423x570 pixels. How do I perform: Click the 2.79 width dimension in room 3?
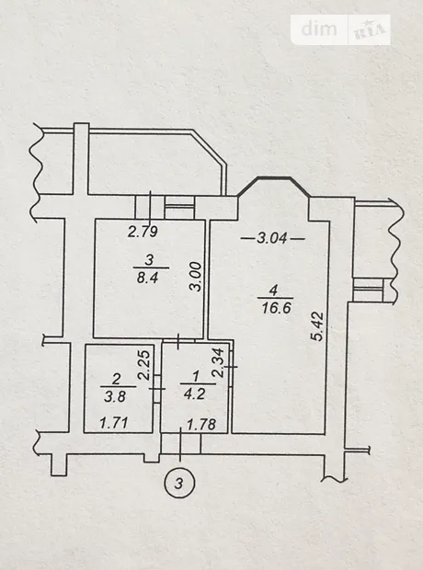(x=143, y=232)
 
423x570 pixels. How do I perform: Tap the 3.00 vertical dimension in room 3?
(x=196, y=277)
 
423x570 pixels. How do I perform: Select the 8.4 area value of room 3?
(x=147, y=278)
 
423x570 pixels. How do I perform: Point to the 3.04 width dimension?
(x=272, y=238)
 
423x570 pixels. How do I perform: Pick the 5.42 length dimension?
(x=317, y=326)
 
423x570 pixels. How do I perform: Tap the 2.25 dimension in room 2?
(x=144, y=365)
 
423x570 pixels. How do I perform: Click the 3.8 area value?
(x=115, y=396)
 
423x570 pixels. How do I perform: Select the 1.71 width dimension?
(x=114, y=423)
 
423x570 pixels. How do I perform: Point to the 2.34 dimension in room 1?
(x=217, y=363)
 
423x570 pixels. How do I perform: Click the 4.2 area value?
(x=195, y=394)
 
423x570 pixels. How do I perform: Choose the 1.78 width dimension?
(x=201, y=424)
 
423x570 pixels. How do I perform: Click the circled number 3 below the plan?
(x=179, y=483)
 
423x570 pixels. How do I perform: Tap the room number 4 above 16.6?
(x=273, y=291)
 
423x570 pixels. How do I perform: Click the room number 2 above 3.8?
(x=117, y=379)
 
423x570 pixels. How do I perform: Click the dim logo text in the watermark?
(x=319, y=28)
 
